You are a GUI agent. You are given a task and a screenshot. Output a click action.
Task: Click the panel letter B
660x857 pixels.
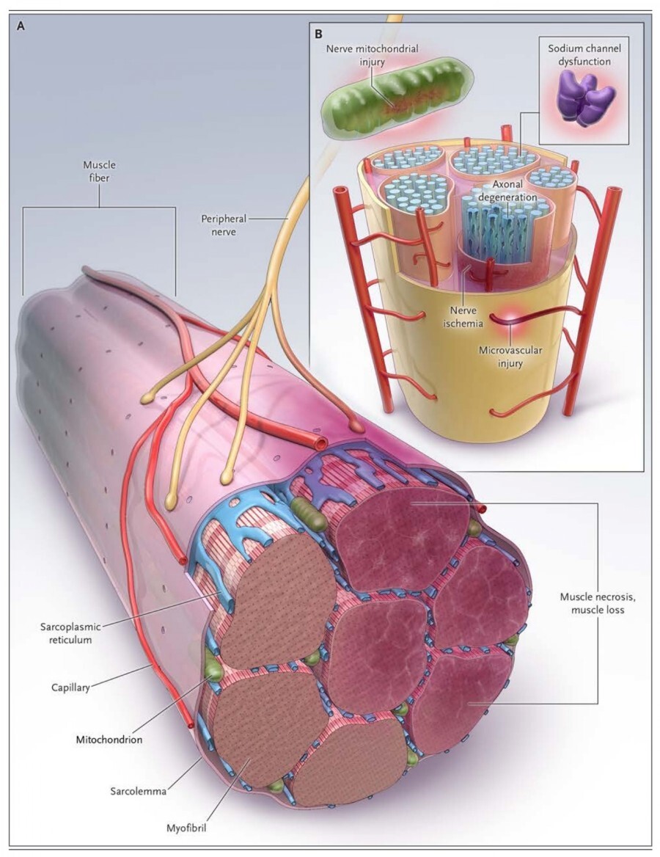tap(318, 34)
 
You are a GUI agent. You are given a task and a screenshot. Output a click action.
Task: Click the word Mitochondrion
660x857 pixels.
tap(109, 739)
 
